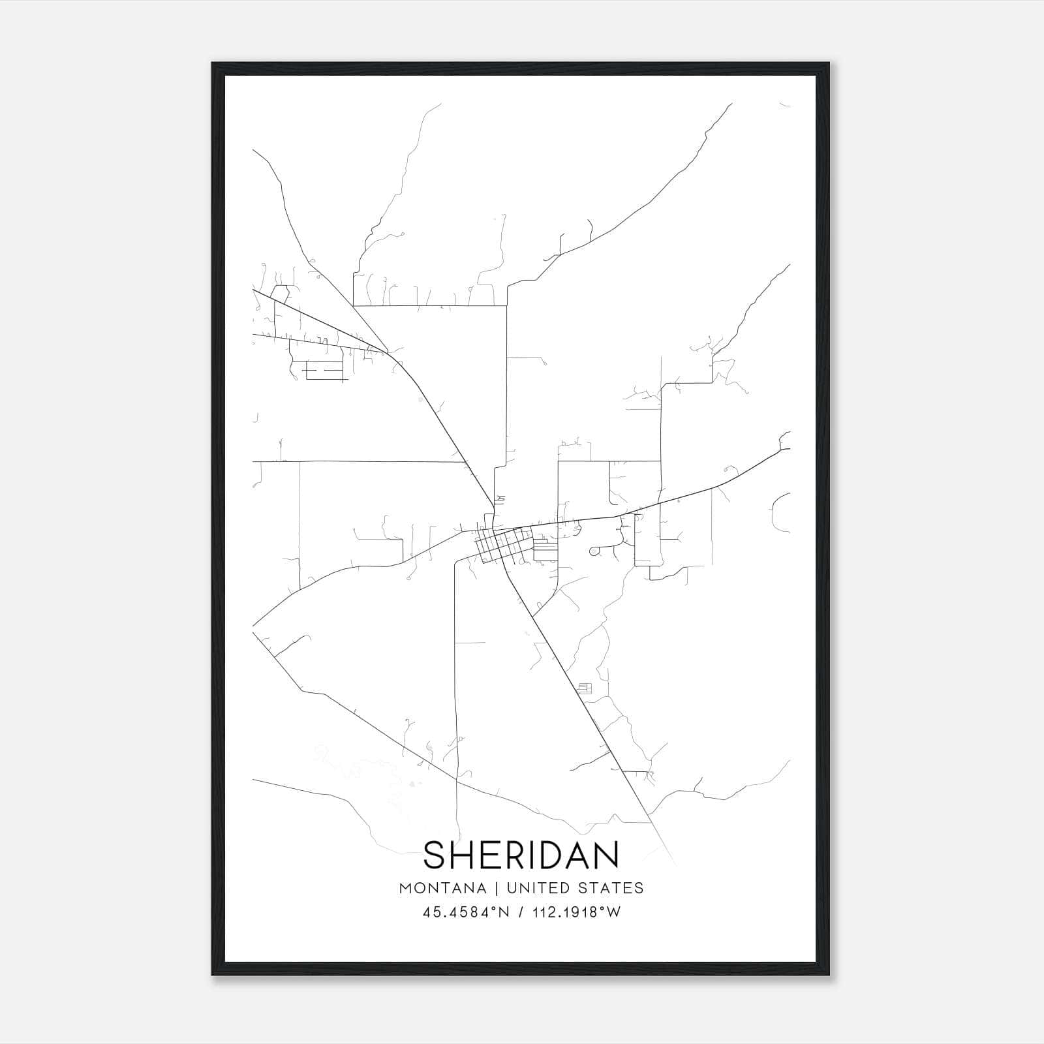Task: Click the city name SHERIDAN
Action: (521, 855)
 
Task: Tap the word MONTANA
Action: (443, 888)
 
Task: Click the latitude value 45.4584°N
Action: (465, 912)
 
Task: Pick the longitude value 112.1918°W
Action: (576, 912)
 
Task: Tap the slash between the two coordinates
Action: (521, 912)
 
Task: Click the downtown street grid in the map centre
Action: (501, 545)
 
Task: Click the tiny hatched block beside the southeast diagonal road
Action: (584, 688)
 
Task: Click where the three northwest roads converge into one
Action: (388, 352)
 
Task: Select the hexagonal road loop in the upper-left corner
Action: (281, 293)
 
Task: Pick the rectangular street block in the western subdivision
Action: (324, 371)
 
